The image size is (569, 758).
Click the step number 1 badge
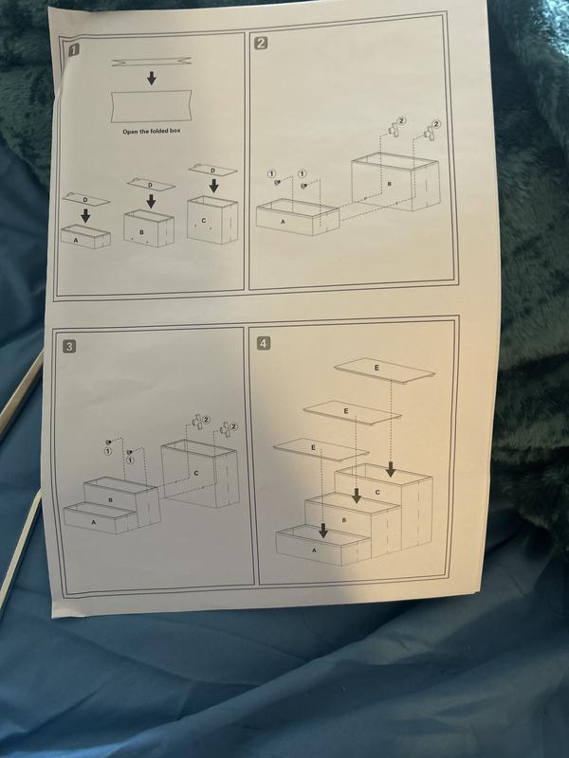(74, 50)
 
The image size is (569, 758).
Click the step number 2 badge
(260, 43)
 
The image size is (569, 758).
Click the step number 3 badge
(69, 346)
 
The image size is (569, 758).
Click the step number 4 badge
(263, 343)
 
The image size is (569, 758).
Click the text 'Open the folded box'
(152, 131)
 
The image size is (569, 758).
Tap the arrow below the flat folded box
(152, 79)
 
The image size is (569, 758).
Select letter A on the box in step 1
(75, 240)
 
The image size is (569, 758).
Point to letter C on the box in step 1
(204, 221)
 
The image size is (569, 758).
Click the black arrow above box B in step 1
(151, 201)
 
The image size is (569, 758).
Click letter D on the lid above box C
(212, 171)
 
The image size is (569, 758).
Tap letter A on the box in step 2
(283, 222)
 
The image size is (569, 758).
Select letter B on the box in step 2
(389, 184)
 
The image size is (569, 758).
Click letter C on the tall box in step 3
(196, 473)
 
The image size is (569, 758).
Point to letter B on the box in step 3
(110, 500)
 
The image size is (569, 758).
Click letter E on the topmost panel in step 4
(376, 368)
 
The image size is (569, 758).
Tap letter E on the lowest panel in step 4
(313, 447)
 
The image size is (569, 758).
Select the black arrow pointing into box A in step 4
(323, 531)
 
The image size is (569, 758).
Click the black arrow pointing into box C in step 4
(391, 469)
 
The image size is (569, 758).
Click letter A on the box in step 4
(315, 550)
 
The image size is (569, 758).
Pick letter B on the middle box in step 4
(344, 520)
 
